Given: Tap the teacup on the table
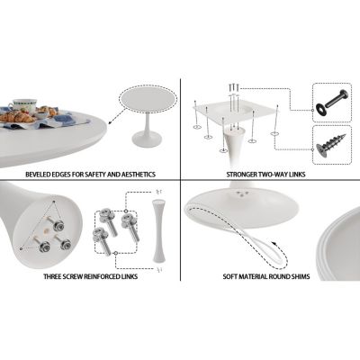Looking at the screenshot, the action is point(24,104).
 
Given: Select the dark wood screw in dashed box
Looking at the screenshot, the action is point(331,145).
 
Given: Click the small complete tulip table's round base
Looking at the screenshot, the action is point(148,139).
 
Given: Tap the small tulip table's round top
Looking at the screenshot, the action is point(148,100).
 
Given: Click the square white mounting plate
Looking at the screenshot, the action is point(235,112).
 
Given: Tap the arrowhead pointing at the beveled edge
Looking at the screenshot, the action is point(111,121).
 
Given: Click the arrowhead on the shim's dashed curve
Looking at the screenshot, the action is point(274,243).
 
